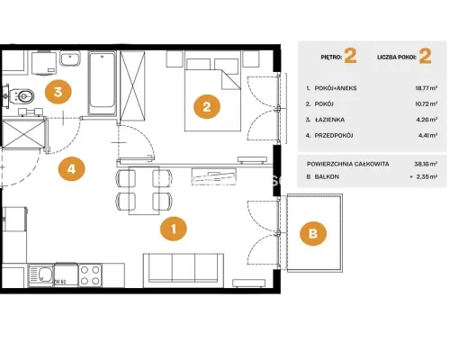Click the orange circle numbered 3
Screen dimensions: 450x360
tap(58, 92)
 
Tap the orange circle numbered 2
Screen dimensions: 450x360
tap(207, 107)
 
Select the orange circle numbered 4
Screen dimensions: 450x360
tap(71, 169)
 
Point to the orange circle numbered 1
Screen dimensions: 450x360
tap(174, 229)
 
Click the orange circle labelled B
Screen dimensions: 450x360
tap(313, 234)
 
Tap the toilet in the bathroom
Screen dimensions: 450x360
tap(21, 96)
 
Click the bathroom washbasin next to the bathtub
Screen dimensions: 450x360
tap(70, 58)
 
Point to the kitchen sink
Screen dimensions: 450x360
tap(40, 275)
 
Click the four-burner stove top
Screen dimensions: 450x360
tap(90, 275)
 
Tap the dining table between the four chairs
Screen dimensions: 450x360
tap(144, 191)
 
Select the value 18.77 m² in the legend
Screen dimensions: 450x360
tap(426, 88)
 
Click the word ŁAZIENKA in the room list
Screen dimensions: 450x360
tap(329, 120)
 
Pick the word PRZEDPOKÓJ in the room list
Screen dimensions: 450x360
tap(334, 135)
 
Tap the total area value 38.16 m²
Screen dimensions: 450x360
tap(426, 164)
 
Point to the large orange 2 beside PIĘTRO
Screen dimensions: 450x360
tap(350, 56)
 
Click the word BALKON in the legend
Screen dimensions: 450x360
tap(327, 176)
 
